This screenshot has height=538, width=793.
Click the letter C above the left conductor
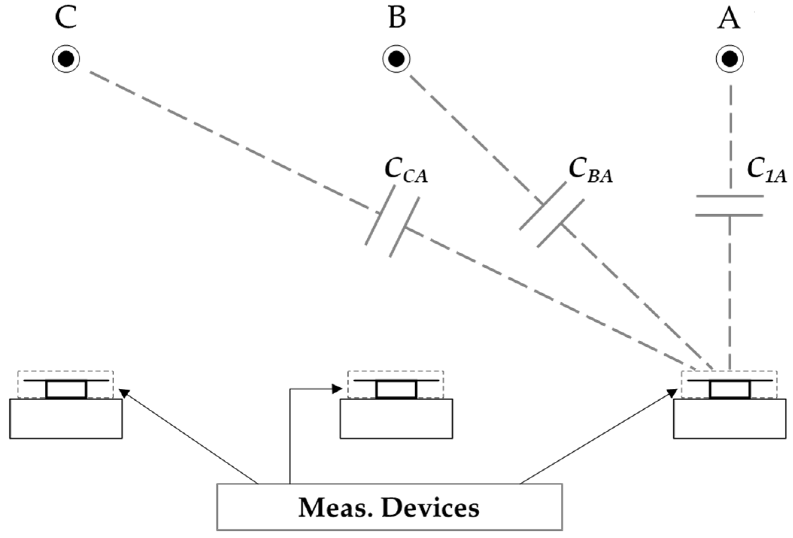66,18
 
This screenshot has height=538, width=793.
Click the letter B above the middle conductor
397,18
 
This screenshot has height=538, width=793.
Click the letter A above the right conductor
729,18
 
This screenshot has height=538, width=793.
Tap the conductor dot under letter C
66,59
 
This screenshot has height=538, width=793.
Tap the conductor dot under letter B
396,59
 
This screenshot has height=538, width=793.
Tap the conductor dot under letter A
730,59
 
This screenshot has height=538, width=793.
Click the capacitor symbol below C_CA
392,227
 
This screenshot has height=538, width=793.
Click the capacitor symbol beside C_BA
552,215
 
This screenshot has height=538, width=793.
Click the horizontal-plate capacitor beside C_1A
729,206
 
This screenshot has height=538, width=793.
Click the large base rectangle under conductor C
66,418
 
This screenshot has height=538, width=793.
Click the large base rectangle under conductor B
396,418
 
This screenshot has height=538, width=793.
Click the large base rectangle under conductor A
729,418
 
